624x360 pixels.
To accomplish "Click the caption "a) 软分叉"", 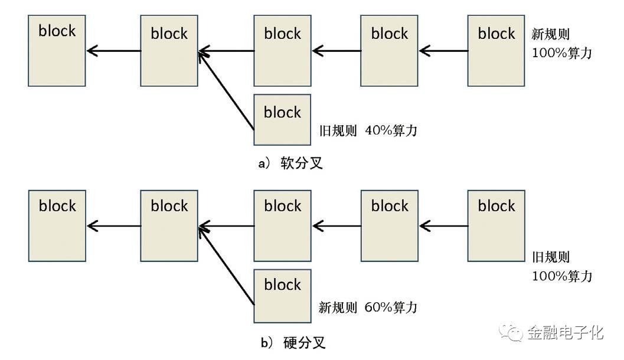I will coord(290,163).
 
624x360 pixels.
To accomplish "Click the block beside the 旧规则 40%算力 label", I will coord(282,119).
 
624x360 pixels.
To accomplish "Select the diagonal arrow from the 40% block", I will coord(227,90).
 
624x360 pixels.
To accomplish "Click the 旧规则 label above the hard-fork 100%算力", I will coord(551,257).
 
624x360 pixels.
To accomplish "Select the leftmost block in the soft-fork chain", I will coord(57,51).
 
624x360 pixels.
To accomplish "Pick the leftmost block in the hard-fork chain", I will coord(57,225).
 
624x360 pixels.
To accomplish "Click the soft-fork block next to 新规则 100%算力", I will coord(496,51).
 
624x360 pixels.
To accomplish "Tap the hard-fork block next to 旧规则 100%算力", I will coord(496,225).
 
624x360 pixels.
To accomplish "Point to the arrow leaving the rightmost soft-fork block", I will coord(443,51).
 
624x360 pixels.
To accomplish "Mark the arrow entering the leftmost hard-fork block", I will coord(114,225).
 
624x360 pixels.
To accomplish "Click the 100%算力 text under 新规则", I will coord(561,53).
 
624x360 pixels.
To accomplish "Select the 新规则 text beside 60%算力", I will coord(338,307).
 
